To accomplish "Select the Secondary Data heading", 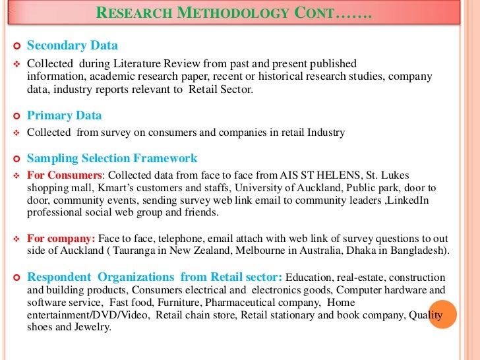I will click(72, 45).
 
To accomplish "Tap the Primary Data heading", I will click(64, 115).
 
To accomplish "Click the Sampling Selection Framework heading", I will click(111, 158).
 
